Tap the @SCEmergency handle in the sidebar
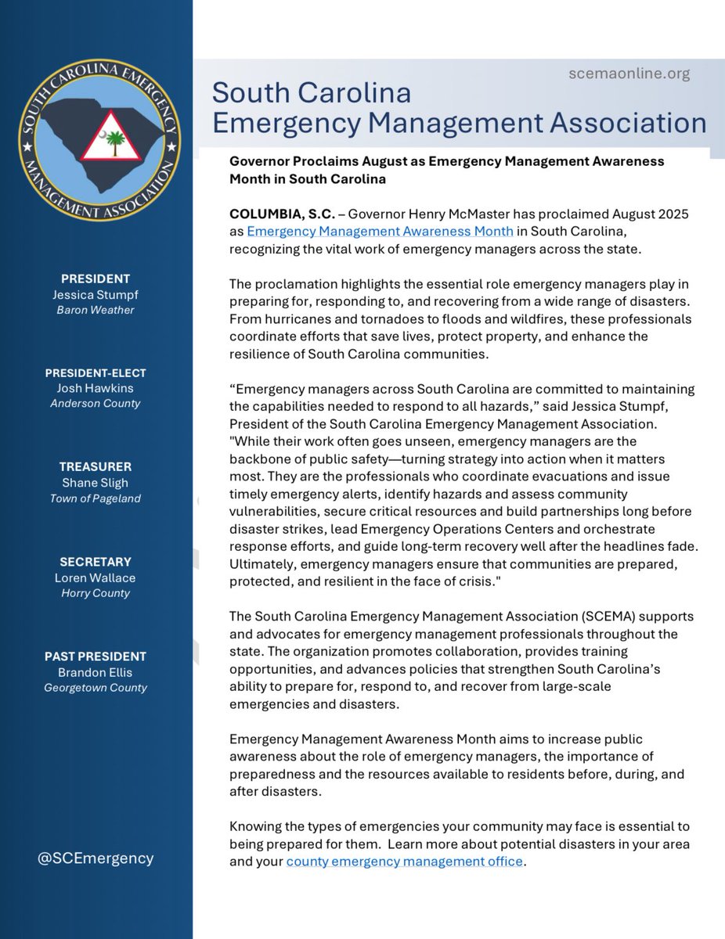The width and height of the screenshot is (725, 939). coord(96,858)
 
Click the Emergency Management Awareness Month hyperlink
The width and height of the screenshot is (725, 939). coord(381,231)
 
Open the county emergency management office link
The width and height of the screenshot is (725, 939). coord(404,862)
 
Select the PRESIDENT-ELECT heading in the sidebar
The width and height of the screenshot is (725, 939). coord(96,372)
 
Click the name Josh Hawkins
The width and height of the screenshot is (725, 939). coord(96,389)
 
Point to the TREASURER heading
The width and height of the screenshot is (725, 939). coord(96,466)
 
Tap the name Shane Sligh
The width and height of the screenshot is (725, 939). coord(96,483)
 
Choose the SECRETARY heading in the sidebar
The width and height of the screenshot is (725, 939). coord(96,561)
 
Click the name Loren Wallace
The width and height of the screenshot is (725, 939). coord(96,577)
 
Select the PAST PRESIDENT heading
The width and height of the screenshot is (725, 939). coord(96,656)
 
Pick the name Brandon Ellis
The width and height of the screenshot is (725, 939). coord(96,672)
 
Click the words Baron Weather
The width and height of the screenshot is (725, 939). coord(96,311)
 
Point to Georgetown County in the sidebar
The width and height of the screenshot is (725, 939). coord(96,688)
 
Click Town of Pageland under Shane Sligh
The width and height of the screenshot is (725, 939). coord(96,499)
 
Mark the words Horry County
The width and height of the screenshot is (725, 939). coord(96,593)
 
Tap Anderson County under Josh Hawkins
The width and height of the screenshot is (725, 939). coord(96,405)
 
